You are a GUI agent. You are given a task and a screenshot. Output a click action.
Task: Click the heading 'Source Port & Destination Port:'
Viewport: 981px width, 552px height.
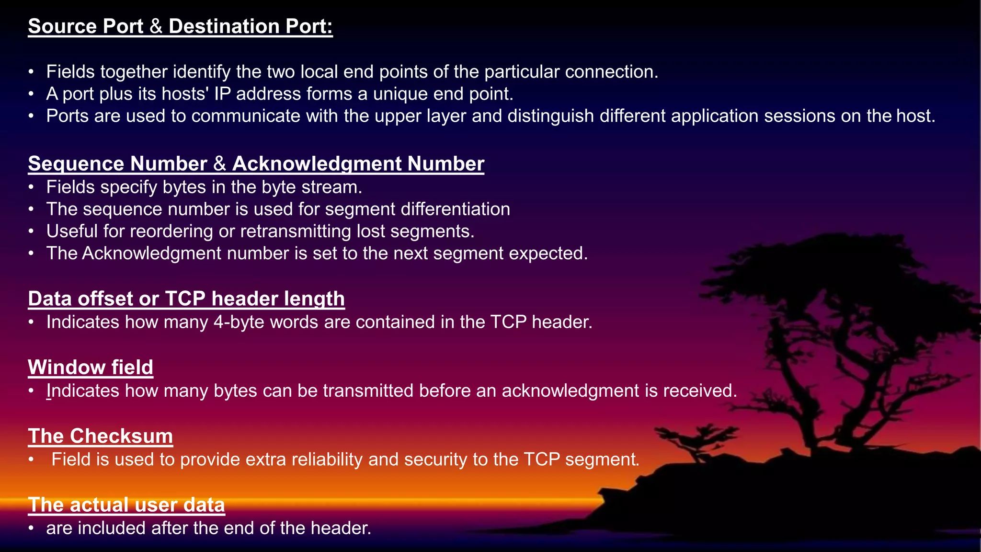[x=180, y=26]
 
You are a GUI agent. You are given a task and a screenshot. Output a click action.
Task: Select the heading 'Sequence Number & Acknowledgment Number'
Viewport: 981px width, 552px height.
[x=256, y=164]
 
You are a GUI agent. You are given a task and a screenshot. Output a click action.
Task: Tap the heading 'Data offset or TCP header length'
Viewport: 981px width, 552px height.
[x=186, y=299]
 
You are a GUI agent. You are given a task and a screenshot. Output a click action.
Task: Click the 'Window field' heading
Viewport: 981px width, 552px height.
[x=91, y=368]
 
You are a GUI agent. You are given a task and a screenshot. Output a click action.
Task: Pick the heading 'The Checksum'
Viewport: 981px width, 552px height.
[x=100, y=436]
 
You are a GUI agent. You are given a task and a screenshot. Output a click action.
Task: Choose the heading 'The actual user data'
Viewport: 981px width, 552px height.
[x=126, y=505]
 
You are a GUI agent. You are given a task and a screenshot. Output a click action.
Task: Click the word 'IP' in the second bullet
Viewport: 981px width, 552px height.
[x=222, y=94]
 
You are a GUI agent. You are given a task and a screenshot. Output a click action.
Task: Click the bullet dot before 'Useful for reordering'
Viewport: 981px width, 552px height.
[x=31, y=232]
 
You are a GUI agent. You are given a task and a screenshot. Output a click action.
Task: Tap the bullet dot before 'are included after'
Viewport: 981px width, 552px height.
[x=31, y=529]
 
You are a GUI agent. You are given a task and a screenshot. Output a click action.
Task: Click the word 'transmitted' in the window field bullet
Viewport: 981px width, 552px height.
[x=368, y=391]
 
